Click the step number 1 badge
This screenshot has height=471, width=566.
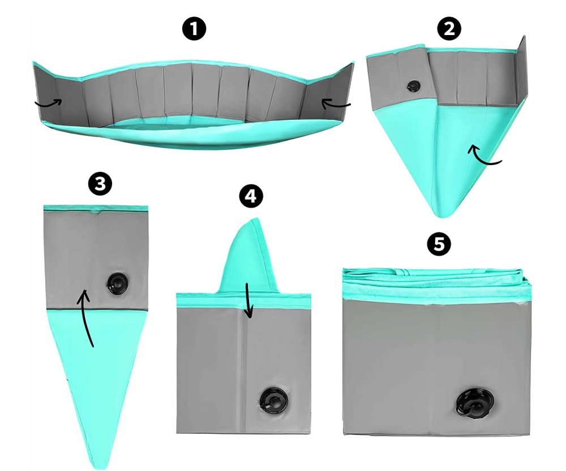coord(194,29)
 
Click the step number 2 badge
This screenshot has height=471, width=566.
coord(449,28)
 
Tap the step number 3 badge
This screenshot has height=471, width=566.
coord(100,184)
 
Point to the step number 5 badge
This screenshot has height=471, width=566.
coord(439,244)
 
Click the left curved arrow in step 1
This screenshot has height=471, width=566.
coord(49,104)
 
